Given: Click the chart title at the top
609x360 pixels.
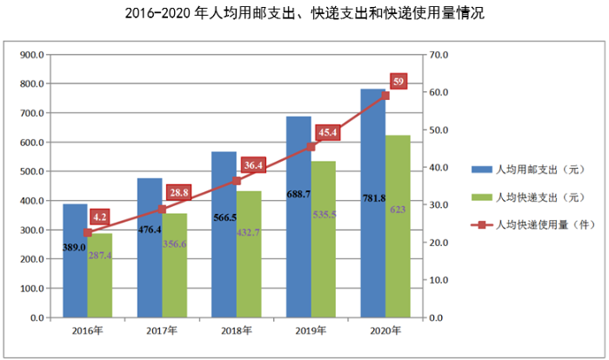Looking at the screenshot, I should (304, 13).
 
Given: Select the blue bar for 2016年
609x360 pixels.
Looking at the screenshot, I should (75, 278).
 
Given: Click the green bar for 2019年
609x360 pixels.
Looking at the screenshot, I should (324, 261).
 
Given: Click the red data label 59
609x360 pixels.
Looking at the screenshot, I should (399, 82).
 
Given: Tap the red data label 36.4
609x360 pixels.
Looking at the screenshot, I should (253, 165).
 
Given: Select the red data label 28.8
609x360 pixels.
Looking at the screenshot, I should (179, 193).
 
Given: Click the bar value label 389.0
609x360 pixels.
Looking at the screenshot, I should (74, 248).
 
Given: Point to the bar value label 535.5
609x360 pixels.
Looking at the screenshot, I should (323, 214).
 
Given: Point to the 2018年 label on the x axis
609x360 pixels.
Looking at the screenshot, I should (236, 330).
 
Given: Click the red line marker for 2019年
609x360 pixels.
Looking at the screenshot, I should (311, 147).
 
